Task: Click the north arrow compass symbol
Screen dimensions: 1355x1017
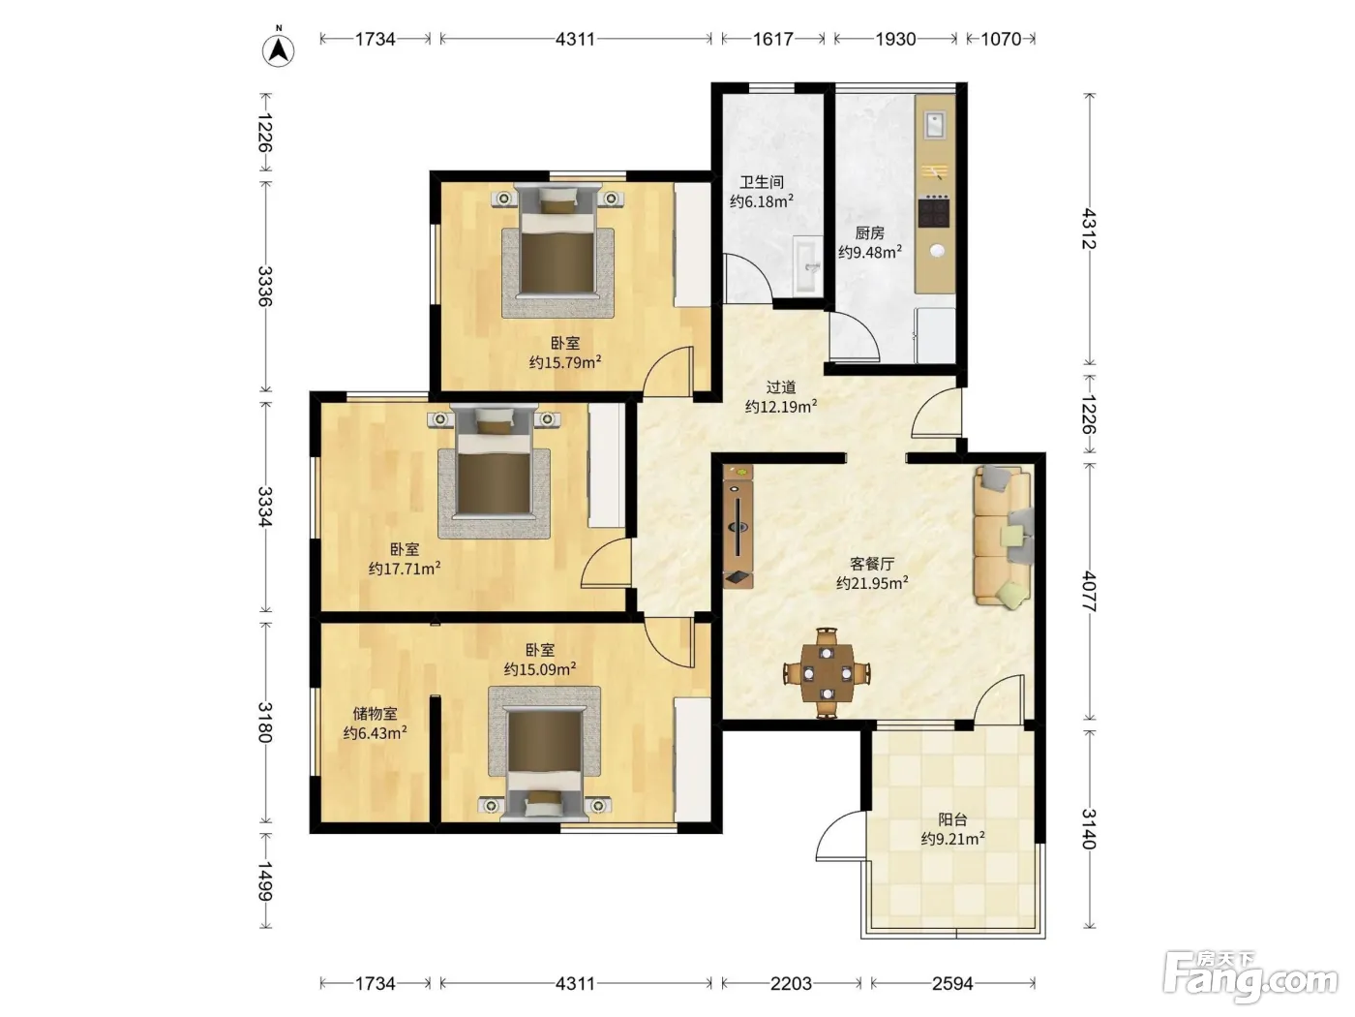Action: click(278, 48)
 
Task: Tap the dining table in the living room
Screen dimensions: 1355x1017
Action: click(827, 673)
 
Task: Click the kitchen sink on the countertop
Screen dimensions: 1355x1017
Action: click(934, 125)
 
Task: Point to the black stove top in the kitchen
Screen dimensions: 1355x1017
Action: click(934, 211)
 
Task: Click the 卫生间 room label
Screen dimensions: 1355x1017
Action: click(761, 182)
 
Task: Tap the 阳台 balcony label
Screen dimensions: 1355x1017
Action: click(952, 819)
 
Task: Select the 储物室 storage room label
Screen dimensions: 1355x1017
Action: click(375, 714)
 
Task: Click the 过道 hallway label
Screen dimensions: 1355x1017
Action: click(781, 387)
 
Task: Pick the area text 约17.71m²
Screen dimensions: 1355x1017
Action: click(405, 569)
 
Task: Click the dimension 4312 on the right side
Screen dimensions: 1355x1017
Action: click(1088, 230)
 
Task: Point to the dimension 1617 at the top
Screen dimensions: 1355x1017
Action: click(772, 39)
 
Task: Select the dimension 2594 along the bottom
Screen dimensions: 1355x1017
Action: click(952, 983)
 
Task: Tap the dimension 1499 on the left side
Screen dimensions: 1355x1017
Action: click(265, 881)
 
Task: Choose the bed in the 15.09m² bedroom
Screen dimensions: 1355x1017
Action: click(545, 762)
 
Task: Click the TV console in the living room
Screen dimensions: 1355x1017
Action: click(738, 526)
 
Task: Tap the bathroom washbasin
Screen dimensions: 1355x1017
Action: click(807, 266)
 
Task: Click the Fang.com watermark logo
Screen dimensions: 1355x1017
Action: click(1250, 977)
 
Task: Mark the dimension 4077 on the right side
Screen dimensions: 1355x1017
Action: click(1088, 592)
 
